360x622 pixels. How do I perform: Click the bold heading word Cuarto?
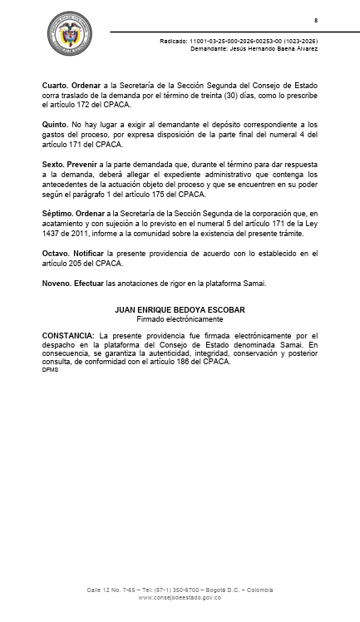click(55, 86)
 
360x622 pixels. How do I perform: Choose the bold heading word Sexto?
click(53, 164)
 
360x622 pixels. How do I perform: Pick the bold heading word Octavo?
click(55, 253)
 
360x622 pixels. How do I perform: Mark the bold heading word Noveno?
click(57, 283)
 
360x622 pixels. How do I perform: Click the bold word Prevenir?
click(86, 164)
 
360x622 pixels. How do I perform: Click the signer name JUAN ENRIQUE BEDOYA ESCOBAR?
click(180, 310)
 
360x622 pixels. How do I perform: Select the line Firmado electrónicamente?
click(180, 318)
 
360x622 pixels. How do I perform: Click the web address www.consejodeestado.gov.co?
click(180, 597)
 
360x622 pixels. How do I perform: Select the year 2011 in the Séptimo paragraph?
click(81, 234)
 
